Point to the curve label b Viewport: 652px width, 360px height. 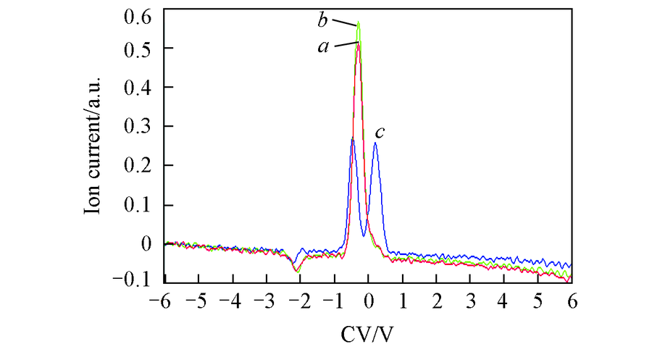click(323, 20)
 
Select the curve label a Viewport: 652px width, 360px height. click(323, 46)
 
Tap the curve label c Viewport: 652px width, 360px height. click(379, 133)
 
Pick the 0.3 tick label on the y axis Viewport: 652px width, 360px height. click(138, 126)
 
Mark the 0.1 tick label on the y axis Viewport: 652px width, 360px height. click(138, 204)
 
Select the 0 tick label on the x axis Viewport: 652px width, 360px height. click(369, 299)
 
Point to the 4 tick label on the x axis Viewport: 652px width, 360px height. click(504, 299)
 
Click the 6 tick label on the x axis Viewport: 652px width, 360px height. click(572, 299)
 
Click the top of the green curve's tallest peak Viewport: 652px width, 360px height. click(359, 22)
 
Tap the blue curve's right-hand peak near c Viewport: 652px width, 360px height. click(375, 143)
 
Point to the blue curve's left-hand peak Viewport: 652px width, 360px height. click(352, 138)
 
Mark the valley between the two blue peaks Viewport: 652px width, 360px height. click(364, 235)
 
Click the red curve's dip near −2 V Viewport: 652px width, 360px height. click(296, 270)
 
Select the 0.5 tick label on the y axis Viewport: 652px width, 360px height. click(138, 49)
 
